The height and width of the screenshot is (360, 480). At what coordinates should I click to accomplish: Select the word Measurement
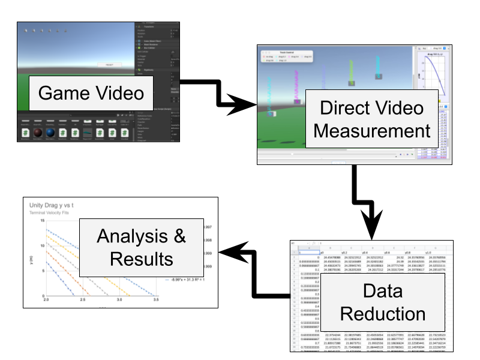(x=372, y=131)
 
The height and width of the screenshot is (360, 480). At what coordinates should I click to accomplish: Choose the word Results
(x=141, y=259)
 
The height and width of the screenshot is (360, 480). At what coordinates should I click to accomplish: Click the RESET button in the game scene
(x=110, y=64)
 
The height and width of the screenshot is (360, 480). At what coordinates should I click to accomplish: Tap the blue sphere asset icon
(x=50, y=133)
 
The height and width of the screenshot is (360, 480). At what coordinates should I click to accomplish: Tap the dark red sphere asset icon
(x=38, y=133)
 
